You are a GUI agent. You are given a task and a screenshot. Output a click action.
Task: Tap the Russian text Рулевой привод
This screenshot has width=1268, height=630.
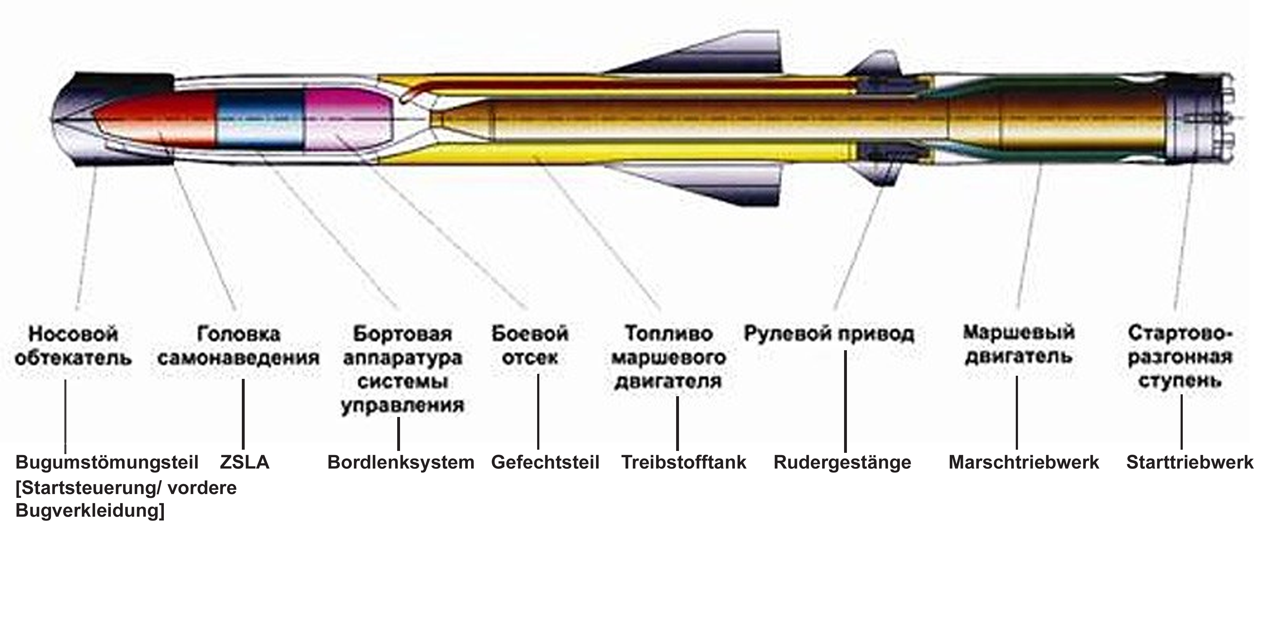click(829, 334)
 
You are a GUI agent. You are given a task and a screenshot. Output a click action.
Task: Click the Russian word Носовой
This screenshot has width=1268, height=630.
click(73, 334)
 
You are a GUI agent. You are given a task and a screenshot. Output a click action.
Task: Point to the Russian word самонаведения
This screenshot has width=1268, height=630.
click(239, 358)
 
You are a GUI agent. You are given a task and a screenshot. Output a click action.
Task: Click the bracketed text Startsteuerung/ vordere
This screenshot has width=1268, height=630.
click(126, 488)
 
